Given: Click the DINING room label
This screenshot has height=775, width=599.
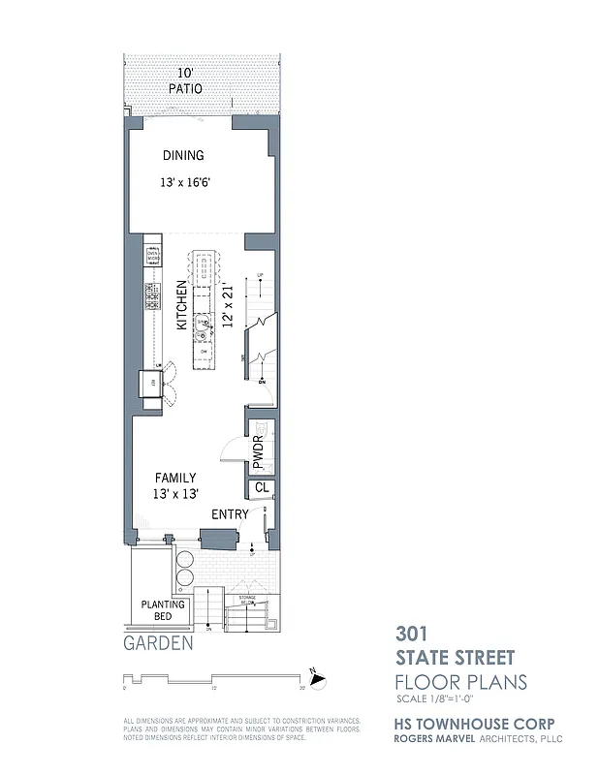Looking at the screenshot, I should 183,156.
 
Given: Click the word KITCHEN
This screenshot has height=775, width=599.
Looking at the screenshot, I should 181,305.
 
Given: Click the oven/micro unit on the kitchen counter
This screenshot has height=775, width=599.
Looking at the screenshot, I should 152,257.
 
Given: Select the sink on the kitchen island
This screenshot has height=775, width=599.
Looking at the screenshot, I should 203,325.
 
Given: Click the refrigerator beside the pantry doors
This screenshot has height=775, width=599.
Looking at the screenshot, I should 153,384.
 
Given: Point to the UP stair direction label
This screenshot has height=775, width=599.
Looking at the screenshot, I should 260,277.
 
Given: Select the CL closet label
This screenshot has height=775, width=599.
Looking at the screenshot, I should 261,488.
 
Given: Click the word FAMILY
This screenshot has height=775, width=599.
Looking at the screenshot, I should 175,478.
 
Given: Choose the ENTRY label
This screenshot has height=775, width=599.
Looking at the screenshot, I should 230,513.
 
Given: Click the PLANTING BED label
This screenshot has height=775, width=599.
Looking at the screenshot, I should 163,609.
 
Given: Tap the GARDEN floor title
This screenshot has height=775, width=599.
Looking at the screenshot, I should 159,641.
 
